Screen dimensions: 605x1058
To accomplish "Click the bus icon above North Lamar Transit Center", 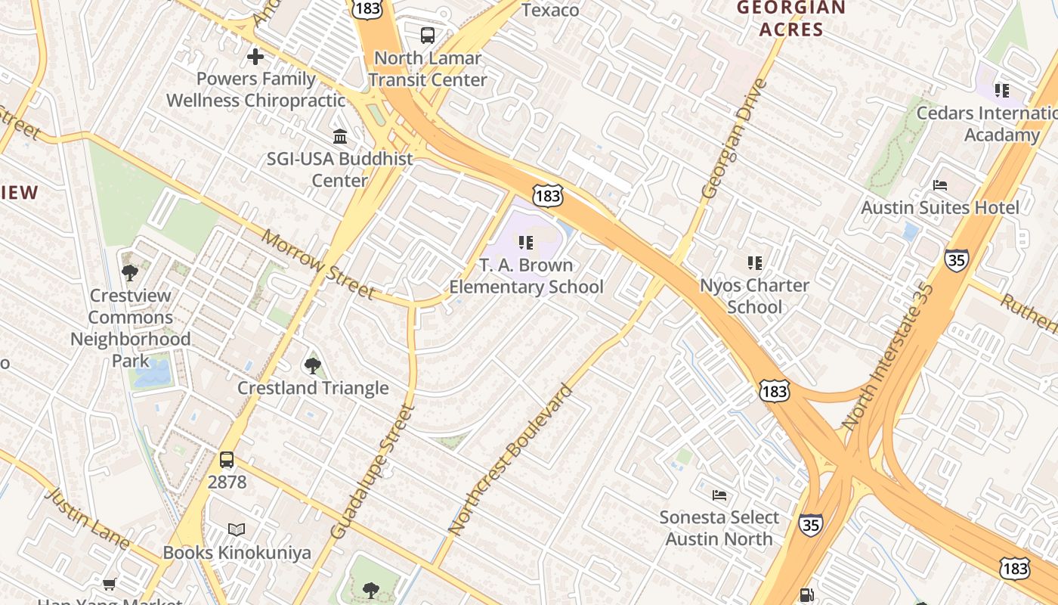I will (x=428, y=35).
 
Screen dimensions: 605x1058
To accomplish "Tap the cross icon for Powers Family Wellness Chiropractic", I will (x=255, y=57).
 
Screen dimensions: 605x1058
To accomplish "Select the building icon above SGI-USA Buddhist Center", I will (x=340, y=137).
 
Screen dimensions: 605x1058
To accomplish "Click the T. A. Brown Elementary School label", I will (x=526, y=276).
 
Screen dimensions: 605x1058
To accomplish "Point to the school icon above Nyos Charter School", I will (x=754, y=263).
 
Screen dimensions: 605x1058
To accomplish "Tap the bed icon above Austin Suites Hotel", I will (x=940, y=185).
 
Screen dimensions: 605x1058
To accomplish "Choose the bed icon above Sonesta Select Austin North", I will (x=719, y=495).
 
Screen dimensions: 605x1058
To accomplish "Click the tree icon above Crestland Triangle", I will (x=312, y=366).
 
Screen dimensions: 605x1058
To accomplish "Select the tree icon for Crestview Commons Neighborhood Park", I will (x=130, y=273).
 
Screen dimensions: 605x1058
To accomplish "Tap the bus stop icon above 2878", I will (x=226, y=459).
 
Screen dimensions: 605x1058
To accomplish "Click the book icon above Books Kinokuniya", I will (x=237, y=529).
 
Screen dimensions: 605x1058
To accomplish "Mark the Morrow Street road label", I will (x=318, y=264).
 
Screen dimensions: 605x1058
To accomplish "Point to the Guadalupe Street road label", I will (x=373, y=471).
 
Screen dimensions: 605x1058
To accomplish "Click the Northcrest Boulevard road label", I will (x=511, y=470).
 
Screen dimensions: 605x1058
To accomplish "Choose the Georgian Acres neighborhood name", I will (x=791, y=19).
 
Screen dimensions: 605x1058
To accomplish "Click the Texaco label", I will (x=550, y=10).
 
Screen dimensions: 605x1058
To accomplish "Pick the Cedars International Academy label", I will (x=990, y=124).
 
